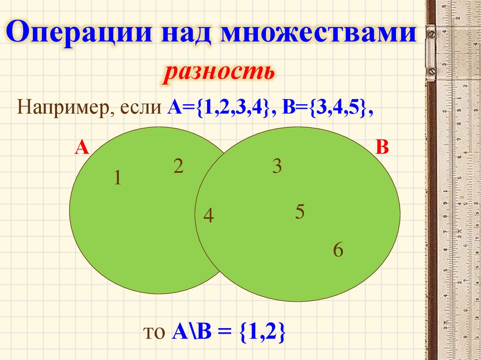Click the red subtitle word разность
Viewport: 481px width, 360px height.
[218, 74]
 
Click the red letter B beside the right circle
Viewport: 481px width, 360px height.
[382, 148]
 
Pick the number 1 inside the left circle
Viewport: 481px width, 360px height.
[117, 178]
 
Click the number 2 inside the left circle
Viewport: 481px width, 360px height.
[178, 167]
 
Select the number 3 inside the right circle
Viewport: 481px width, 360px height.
[277, 167]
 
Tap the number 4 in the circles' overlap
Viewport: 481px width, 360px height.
[209, 216]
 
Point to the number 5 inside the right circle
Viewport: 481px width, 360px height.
[300, 213]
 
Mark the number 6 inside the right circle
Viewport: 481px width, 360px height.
[338, 250]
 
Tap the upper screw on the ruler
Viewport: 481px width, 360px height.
[432, 34]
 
